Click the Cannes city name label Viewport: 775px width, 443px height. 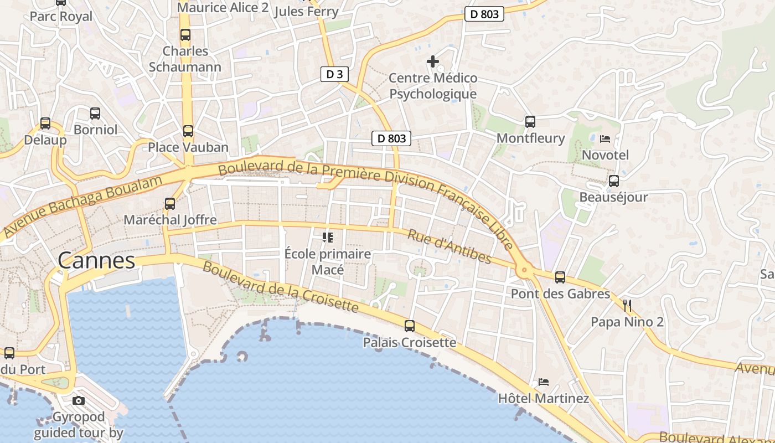tap(96, 260)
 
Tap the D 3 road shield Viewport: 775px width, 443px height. tap(334, 74)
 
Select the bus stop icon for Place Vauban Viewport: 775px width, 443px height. tap(188, 131)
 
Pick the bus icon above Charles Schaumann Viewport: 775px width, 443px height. tap(185, 35)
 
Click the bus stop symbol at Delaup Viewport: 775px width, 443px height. tap(45, 123)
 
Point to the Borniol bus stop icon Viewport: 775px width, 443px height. tap(95, 114)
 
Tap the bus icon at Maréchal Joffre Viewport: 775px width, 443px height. tap(170, 204)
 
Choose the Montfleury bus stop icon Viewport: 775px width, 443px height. tap(530, 122)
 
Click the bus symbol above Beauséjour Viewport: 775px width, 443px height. tap(613, 181)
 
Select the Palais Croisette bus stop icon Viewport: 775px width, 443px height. tap(410, 326)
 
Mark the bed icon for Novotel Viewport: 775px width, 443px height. tap(605, 138)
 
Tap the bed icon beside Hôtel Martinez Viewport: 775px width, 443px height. tap(544, 382)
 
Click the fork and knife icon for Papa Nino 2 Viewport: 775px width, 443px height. tap(627, 305)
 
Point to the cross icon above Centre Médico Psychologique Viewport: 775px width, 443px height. tap(433, 61)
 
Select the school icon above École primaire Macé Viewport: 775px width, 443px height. tap(328, 238)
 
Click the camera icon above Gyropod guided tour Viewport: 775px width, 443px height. tap(79, 400)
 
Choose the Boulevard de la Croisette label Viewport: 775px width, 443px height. tap(281, 286)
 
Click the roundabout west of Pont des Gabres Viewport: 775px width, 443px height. tap(524, 271)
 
